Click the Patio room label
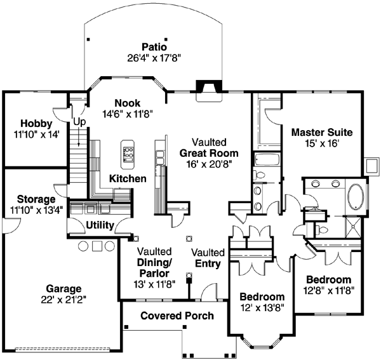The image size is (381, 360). (154, 46)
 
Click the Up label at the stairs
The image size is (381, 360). (79, 121)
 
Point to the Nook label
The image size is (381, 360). (127, 103)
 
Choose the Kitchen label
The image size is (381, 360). (128, 179)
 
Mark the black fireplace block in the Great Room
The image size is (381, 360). (207, 87)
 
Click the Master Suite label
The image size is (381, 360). (321, 133)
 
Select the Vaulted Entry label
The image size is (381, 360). (208, 257)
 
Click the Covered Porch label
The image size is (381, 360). (177, 316)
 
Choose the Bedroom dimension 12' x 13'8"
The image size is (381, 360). (262, 308)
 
